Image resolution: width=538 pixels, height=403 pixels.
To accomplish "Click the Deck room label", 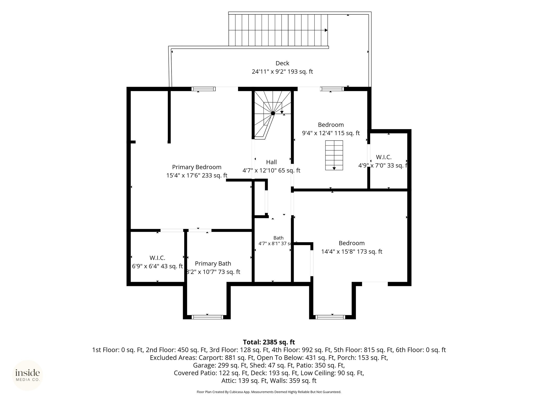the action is (x=282, y=63).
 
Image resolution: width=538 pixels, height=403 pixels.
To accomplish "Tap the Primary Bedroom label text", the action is (x=197, y=167).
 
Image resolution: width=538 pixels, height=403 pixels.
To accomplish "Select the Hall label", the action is (x=271, y=162).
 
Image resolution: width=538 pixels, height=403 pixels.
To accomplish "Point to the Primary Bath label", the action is (x=213, y=263).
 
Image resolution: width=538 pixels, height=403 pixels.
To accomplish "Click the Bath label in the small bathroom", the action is (x=278, y=238).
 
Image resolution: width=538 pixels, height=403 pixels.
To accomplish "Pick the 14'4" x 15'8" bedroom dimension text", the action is (x=352, y=252).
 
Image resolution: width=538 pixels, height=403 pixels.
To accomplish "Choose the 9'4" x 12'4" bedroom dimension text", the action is (x=331, y=133).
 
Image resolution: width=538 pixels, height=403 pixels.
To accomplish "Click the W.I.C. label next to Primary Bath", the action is (x=157, y=258).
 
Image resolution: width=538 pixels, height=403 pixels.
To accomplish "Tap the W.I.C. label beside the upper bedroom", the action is (x=384, y=157).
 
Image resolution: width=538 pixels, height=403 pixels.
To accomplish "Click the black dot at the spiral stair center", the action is (x=273, y=113).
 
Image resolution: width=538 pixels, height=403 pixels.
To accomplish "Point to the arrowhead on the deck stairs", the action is (x=326, y=30).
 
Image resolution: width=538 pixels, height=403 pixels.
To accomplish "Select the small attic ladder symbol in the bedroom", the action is (x=334, y=155).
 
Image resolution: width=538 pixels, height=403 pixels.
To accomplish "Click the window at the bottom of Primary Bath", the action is (x=207, y=317).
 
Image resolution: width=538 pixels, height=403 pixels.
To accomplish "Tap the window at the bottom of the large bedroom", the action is (x=330, y=317).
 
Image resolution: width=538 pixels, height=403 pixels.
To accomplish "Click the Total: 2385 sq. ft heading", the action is (x=269, y=342).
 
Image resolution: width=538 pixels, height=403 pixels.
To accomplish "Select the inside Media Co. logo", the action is (x=28, y=375).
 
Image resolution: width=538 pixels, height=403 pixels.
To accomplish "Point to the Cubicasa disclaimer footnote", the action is (x=269, y=392).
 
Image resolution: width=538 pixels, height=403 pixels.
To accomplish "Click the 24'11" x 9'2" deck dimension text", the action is (x=282, y=72).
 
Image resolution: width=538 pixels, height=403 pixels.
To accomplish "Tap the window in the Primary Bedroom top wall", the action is (x=203, y=89).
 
